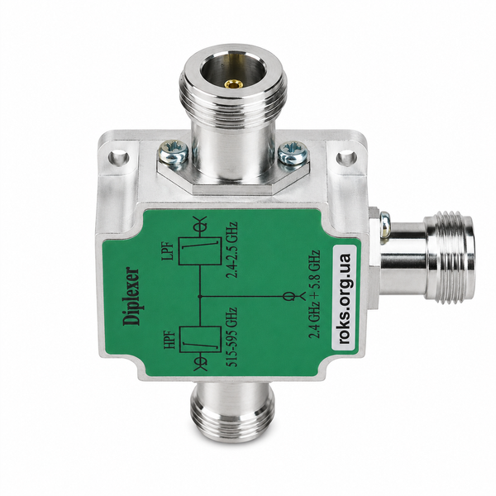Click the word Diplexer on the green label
point(131,297)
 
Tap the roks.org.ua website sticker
point(344,298)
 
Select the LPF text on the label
point(168,250)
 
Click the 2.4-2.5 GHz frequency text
point(231,250)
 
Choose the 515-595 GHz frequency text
point(231,337)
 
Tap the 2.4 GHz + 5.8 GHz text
point(315,294)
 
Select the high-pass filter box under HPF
point(200,340)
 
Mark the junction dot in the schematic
point(199,297)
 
